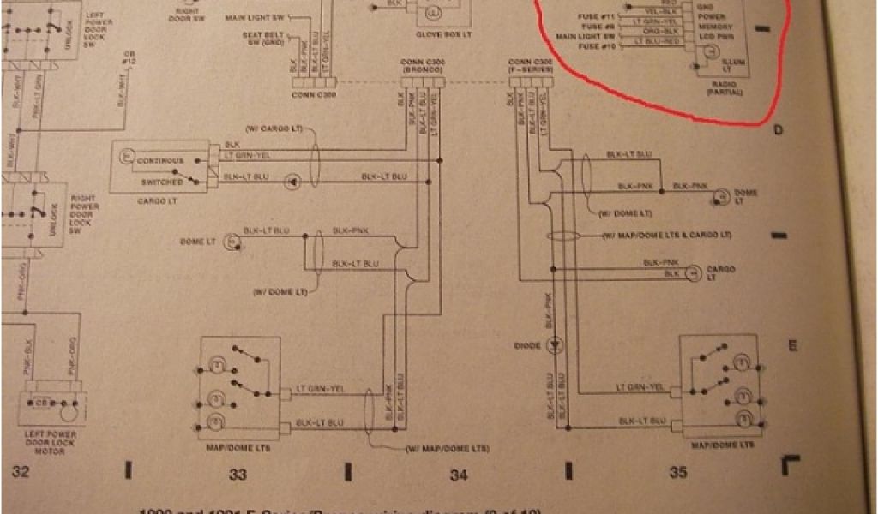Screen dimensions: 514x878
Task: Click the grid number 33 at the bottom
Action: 237,472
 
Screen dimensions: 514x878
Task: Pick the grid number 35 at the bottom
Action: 678,472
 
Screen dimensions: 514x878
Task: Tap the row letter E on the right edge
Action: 793,345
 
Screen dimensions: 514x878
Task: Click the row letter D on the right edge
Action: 779,130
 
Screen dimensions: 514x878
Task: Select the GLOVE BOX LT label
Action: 433,34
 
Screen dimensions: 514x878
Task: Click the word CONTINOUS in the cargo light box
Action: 159,160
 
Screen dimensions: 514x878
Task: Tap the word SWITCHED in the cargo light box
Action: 160,182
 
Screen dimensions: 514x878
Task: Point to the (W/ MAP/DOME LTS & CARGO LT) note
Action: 666,235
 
